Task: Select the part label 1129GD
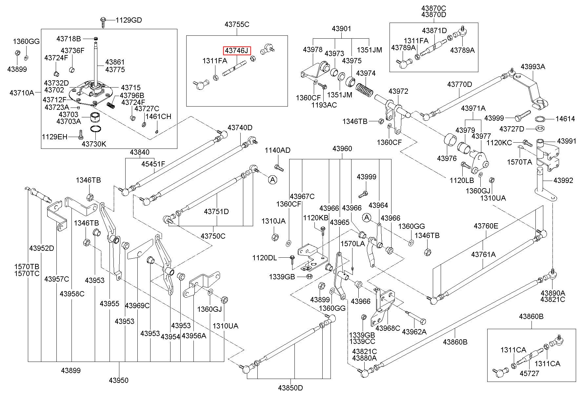[129, 20]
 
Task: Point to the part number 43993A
[533, 67]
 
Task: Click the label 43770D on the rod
[460, 85]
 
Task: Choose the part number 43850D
[290, 388]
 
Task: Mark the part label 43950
[119, 380]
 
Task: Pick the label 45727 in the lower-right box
[529, 373]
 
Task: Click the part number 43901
[341, 29]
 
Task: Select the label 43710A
[22, 93]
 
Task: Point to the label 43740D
[240, 128]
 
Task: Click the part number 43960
[342, 149]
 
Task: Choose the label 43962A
[414, 331]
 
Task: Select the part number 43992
[563, 180]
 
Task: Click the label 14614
[565, 119]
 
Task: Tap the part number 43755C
[237, 24]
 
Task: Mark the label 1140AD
[278, 150]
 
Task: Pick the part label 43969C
[137, 306]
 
